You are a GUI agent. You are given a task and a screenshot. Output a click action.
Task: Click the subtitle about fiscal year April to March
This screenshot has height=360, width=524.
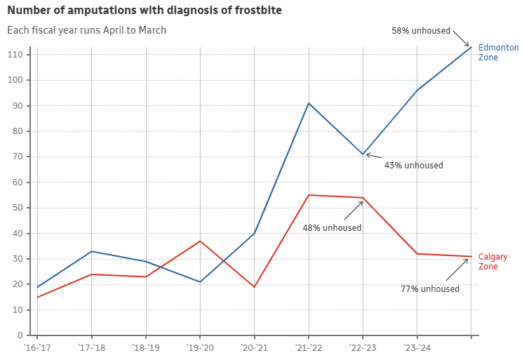87,30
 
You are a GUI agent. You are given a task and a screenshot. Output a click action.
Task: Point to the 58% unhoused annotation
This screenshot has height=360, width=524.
420,31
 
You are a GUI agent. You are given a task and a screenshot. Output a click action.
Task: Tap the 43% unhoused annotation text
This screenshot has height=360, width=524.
413,166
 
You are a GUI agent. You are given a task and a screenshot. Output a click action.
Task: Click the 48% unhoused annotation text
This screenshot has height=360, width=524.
332,228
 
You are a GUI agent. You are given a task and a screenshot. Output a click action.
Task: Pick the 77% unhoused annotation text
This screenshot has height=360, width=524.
429,289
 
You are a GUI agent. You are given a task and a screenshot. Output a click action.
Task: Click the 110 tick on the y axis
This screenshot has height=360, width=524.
15,55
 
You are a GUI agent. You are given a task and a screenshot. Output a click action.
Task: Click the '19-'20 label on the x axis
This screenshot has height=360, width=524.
199,347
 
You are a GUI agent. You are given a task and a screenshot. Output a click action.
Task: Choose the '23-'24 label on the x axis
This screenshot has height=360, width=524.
417,347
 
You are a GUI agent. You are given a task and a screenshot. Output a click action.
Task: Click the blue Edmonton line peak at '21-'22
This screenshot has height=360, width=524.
309,103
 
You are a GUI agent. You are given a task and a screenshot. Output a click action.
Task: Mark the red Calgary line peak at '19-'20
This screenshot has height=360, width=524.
200,241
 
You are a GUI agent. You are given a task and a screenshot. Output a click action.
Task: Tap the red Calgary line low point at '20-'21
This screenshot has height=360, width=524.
254,287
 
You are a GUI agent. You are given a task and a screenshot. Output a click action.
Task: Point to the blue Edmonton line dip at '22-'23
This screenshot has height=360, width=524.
363,154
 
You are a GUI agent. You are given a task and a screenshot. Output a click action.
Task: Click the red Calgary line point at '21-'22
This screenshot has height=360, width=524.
309,195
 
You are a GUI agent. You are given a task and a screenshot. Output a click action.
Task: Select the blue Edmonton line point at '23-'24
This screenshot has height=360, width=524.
417,91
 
